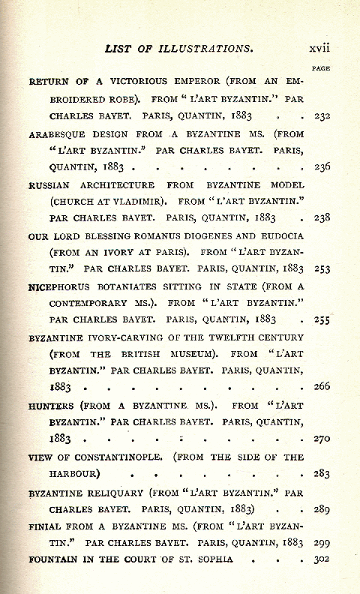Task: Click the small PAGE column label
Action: (323, 69)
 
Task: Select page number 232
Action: (323, 116)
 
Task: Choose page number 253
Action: (323, 268)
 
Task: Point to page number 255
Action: (323, 319)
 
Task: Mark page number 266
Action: (323, 387)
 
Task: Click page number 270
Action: (323, 439)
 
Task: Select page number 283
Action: (323, 474)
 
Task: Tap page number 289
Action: (323, 509)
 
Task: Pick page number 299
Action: (323, 542)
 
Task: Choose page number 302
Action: (323, 559)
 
